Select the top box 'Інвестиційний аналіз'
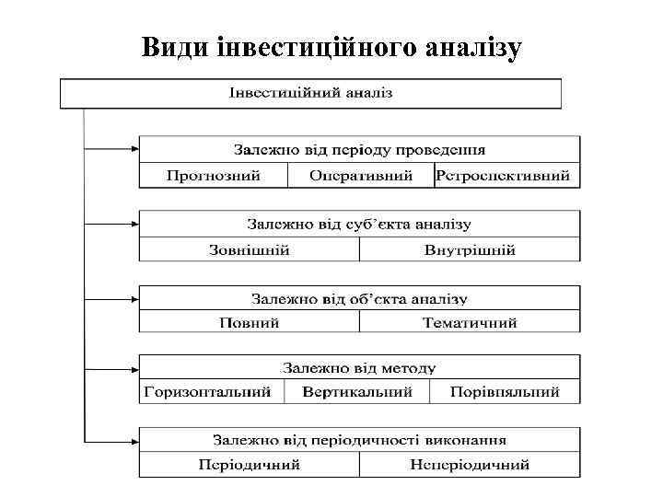[x=310, y=93]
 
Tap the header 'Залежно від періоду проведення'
[x=359, y=149]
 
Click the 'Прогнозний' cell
[x=214, y=175]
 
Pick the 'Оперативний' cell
[x=360, y=175]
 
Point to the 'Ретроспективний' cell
[x=506, y=175]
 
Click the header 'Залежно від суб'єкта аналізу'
[x=359, y=224]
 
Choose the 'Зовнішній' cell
[x=249, y=249]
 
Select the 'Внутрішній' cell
[x=470, y=249]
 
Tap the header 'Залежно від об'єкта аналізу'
[x=359, y=298]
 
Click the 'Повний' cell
[x=249, y=322]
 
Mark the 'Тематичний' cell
[x=470, y=322]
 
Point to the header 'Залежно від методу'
[x=359, y=367]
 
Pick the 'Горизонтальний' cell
[x=210, y=391]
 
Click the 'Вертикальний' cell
[x=356, y=391]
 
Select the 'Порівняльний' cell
[x=505, y=391]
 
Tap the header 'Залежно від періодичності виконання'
[x=359, y=440]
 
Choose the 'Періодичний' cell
[x=249, y=465]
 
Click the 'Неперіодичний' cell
[x=470, y=465]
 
